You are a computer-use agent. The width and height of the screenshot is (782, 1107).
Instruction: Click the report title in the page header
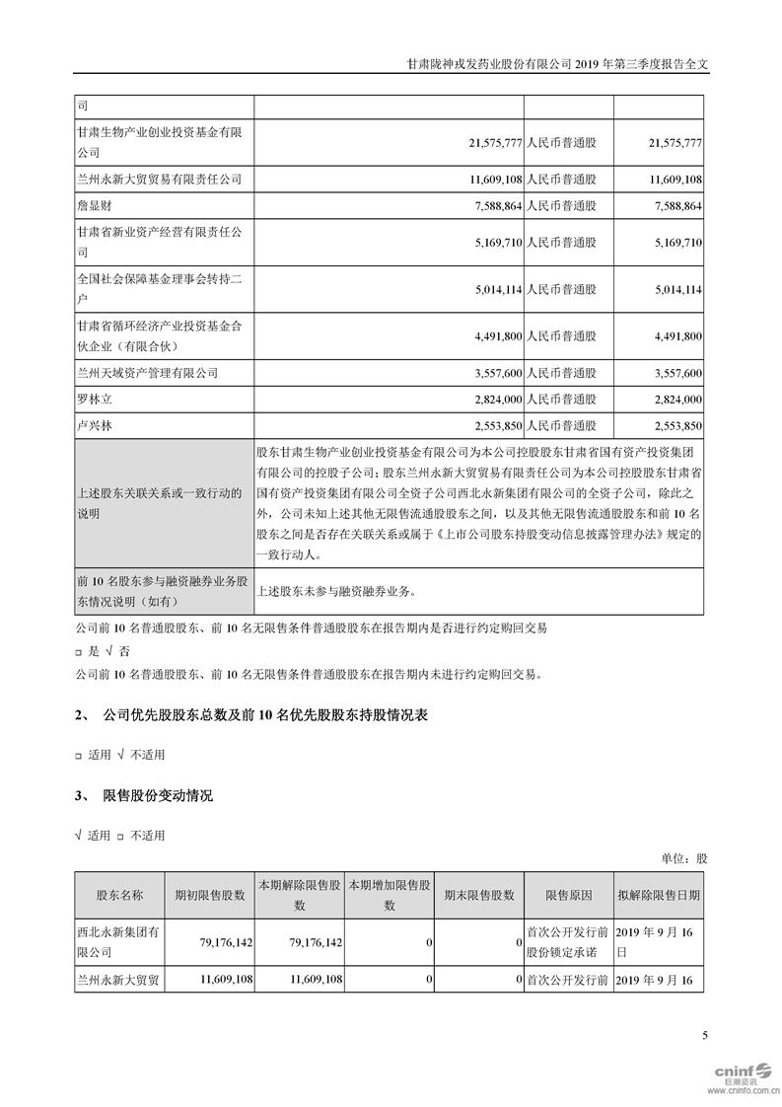coord(558,61)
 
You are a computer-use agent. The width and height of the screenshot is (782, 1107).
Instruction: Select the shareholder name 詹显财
coord(96,206)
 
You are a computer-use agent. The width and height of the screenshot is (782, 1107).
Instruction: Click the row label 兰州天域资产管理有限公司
coord(153,374)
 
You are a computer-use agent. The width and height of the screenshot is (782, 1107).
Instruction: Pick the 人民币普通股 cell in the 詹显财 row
coord(562,206)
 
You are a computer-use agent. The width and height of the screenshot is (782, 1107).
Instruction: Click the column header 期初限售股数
coord(209,895)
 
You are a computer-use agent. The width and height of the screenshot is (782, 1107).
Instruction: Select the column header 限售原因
coord(569,895)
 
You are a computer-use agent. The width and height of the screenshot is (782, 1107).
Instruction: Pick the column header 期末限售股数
coord(480,895)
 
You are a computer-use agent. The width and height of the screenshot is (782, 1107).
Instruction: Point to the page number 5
coord(704,1035)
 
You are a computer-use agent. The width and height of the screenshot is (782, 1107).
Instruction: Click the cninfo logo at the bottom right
coord(733,1072)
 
